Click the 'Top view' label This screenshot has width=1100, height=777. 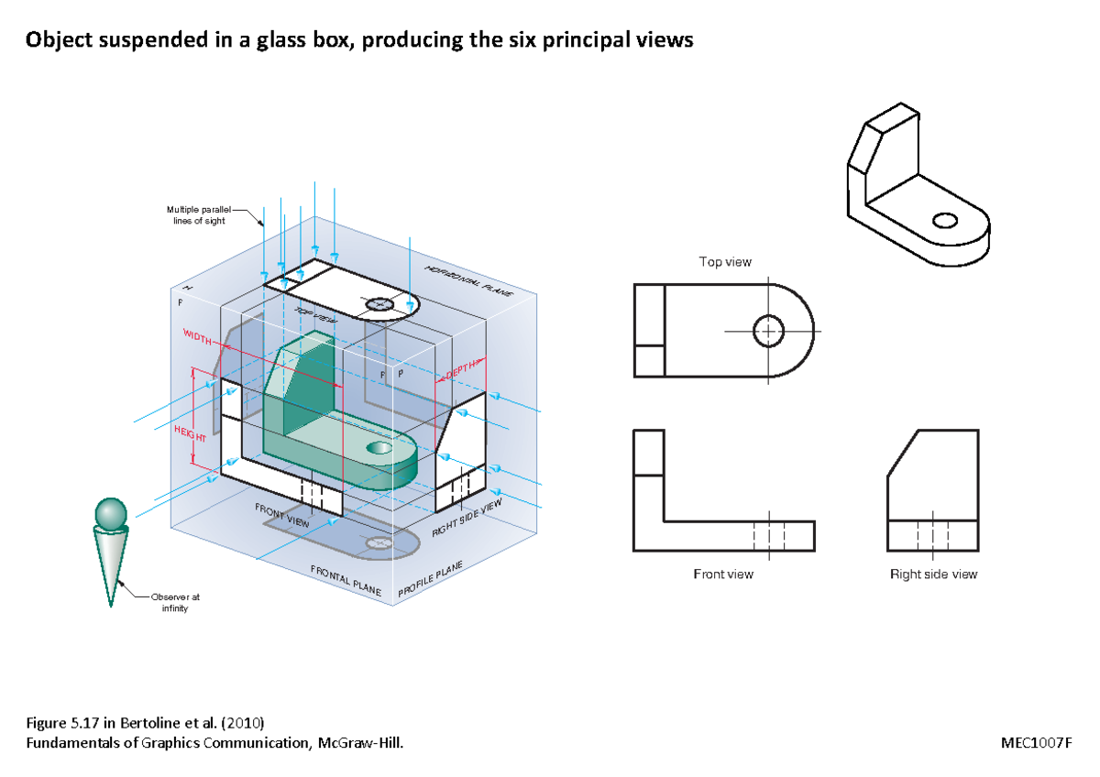click(725, 262)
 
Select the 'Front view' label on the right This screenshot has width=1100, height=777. click(723, 575)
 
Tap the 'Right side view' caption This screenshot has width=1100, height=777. click(933, 575)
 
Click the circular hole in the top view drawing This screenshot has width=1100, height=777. click(768, 331)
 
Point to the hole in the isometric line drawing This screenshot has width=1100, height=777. click(945, 220)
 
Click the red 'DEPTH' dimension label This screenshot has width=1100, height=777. click(460, 369)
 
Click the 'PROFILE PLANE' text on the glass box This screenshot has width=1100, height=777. click(430, 581)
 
